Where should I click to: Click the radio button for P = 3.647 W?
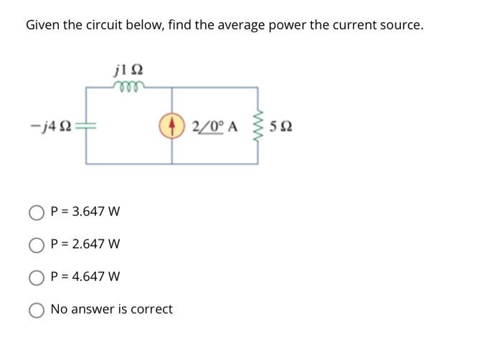tap(37, 212)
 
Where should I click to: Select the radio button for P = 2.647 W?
tap(37, 245)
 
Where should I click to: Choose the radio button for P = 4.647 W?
tap(37, 277)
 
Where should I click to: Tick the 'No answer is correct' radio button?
tap(37, 310)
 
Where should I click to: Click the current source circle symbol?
tap(172, 126)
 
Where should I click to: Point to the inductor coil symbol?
tap(129, 87)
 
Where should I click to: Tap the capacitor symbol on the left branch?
tap(86, 126)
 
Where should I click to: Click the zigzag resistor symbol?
tap(258, 126)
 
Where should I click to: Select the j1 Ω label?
tap(128, 70)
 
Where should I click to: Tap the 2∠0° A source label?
tap(214, 127)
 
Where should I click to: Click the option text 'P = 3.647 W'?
tap(85, 212)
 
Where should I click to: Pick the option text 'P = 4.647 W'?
tap(85, 277)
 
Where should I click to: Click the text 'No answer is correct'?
tap(112, 310)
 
